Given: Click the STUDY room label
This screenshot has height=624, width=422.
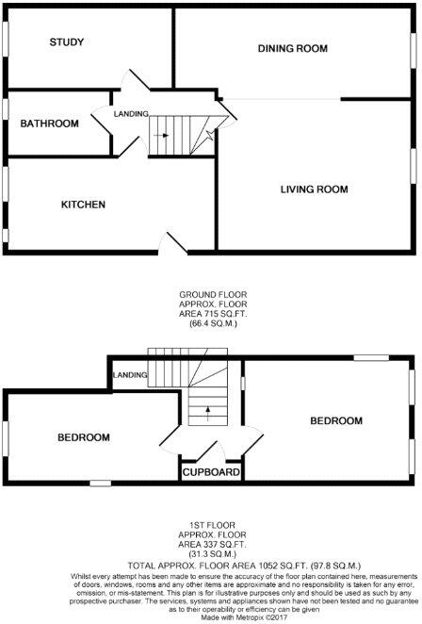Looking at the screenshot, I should tap(67, 41).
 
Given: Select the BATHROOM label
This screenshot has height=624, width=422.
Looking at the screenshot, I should tap(50, 123).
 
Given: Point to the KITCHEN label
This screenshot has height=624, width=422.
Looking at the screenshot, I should tap(83, 205).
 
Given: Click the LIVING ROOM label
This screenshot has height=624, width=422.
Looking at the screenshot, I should tap(314, 189).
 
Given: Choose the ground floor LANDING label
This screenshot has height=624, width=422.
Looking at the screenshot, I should tap(131, 114).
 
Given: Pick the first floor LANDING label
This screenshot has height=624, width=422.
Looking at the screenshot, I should tap(130, 375).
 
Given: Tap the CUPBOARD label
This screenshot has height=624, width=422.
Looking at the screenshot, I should tap(211, 471).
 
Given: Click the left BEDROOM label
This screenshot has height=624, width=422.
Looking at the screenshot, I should tap(84, 437).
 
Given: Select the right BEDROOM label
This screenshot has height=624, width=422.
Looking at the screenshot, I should tap(336, 420).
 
